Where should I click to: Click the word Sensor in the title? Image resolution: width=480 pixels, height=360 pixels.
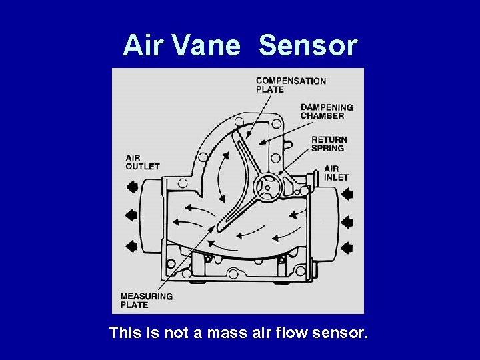coord(308,46)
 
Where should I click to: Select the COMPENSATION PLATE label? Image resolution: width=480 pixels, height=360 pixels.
coord(291,85)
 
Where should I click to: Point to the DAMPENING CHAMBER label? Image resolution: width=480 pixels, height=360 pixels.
coord(326,111)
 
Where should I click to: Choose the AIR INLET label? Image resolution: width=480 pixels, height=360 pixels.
coord(336,173)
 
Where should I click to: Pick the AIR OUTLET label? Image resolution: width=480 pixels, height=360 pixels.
coord(143,162)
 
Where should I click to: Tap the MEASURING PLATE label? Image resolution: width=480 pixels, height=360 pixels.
coord(147,301)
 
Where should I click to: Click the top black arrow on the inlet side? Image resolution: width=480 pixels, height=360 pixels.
coord(347,194)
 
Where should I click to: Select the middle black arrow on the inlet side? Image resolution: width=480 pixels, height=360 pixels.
coord(347,221)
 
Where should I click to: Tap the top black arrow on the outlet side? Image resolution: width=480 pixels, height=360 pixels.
coord(131,187)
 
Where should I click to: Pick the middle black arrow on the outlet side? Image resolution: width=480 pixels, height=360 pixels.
coord(131,215)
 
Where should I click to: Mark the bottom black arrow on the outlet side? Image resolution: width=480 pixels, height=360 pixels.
coord(131,246)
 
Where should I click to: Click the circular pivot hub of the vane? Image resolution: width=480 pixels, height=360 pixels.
coord(265,187)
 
